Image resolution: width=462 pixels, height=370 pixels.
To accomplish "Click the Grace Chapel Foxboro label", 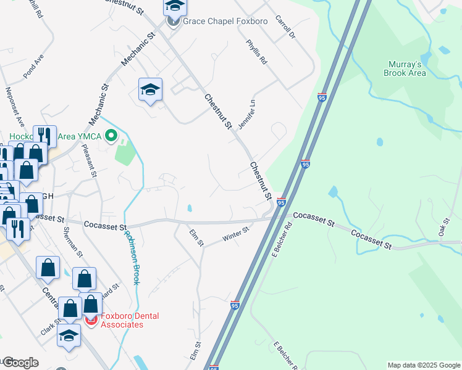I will coord(225,22).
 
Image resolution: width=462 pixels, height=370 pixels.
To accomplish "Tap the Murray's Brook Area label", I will coord(406,68).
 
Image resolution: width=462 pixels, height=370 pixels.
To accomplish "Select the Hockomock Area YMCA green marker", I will coord(111,135).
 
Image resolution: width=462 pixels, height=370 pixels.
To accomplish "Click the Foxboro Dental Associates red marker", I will coord(91,320).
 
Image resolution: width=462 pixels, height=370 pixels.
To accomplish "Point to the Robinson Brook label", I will coord(132,258).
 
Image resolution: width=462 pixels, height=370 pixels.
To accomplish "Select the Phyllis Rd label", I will coord(256,52).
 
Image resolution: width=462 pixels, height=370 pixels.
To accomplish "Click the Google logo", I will coord(20,363).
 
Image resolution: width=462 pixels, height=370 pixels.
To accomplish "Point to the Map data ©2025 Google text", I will coord(423,365).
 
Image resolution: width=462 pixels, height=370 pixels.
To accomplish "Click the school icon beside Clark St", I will coord(69,335).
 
